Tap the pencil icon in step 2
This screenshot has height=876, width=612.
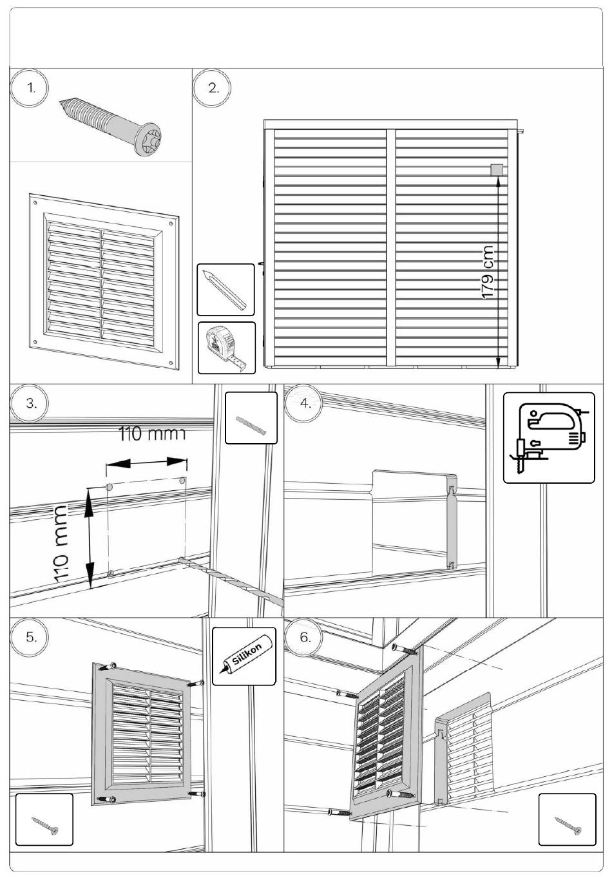point(225,289)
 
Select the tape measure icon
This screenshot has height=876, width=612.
point(226,348)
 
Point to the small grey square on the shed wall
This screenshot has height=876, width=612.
point(497,170)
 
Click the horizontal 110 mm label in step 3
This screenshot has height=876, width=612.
point(152,433)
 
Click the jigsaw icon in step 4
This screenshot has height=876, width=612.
point(549,437)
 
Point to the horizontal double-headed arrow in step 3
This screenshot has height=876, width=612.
point(147,462)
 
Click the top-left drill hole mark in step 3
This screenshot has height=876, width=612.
point(108,486)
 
